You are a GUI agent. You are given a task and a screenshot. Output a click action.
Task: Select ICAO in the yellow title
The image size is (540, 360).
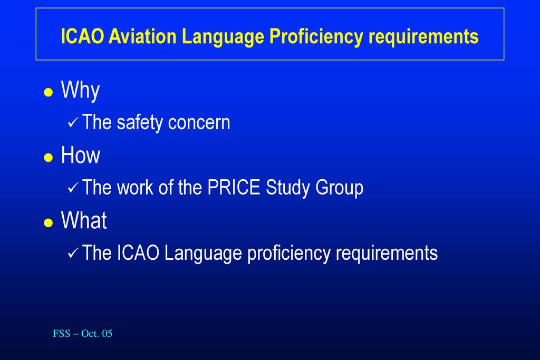tap(82, 36)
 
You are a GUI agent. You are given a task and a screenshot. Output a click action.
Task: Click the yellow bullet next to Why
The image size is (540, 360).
tap(49, 92)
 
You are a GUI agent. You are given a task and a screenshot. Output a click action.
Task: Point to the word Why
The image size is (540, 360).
tap(80, 91)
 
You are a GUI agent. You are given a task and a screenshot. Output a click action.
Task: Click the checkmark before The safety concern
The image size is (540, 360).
tap(73, 122)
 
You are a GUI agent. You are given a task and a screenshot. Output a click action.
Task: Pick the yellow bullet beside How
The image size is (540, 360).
tap(49, 157)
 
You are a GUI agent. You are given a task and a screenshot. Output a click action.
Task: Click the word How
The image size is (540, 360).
tap(81, 155)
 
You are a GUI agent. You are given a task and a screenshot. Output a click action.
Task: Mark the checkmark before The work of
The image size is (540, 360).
tap(73, 188)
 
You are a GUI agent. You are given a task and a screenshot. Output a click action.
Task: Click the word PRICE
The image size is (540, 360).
tap(234, 188)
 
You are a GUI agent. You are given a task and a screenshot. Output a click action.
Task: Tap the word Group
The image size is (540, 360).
tap(339, 188)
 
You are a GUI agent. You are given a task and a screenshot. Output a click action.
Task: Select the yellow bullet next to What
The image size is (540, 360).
tap(49, 222)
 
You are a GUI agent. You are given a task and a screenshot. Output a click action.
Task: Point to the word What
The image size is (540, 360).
tap(84, 220)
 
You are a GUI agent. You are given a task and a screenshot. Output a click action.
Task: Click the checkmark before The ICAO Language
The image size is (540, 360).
tap(73, 253)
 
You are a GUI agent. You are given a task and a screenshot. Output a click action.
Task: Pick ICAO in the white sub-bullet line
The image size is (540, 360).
tap(138, 253)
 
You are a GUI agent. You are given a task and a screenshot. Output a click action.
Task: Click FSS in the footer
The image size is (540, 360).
tap(61, 334)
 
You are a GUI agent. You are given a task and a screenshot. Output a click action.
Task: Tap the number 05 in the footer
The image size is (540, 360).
tap(107, 334)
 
